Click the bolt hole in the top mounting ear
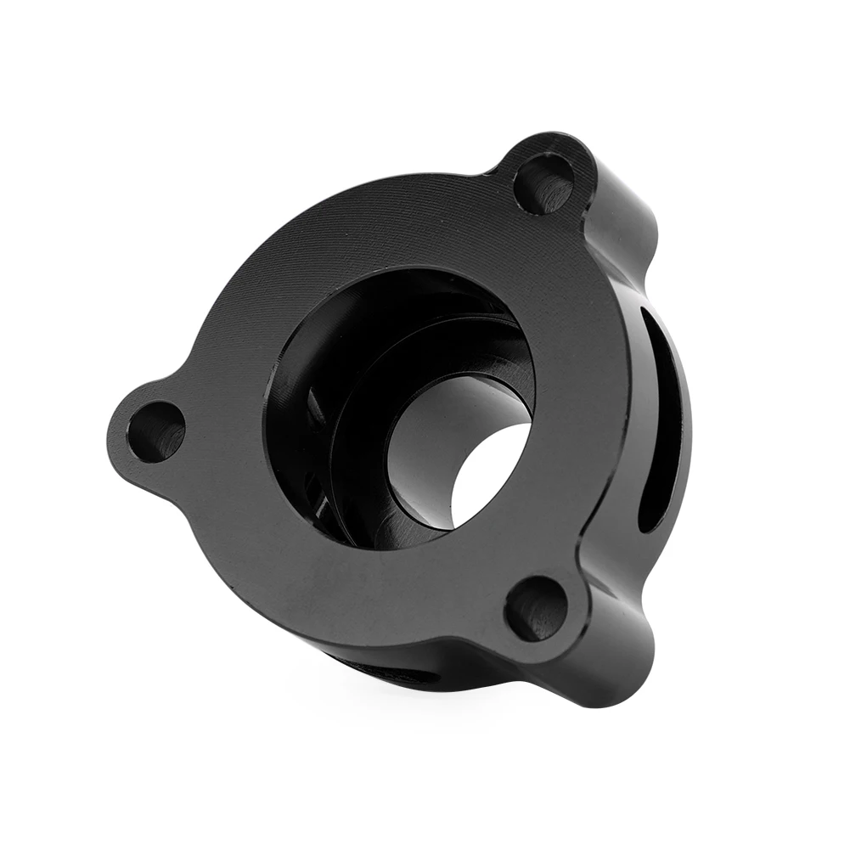click(543, 185)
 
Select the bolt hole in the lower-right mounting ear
click(535, 607)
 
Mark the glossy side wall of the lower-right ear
click(620, 654)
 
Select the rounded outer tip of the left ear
click(119, 433)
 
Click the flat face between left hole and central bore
click(225, 416)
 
